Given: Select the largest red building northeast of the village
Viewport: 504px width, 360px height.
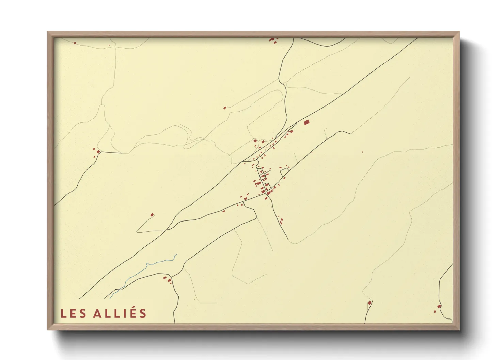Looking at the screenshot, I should click(x=306, y=122).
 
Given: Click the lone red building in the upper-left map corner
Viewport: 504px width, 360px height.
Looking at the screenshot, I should click(x=75, y=43).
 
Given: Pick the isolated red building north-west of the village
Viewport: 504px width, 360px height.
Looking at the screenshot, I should click(x=225, y=108).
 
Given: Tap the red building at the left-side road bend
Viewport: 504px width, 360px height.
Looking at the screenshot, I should click(x=98, y=152).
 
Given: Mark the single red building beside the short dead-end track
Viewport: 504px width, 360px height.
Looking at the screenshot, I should click(x=152, y=215).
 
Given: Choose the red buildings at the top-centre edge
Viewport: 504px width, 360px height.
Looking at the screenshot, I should click(x=272, y=40).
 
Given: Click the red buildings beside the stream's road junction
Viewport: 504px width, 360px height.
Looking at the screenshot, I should click(x=167, y=280).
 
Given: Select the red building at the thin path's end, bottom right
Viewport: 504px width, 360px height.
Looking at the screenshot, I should click(x=369, y=302).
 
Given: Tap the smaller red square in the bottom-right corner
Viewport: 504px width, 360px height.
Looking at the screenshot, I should click(x=435, y=311).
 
